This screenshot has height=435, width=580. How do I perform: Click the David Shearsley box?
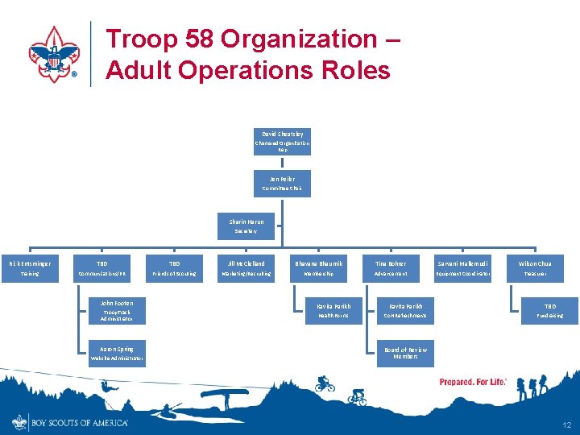click(282, 141)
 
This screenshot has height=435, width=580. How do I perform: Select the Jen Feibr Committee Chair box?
click(282, 184)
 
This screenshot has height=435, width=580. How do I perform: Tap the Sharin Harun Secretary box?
click(246, 226)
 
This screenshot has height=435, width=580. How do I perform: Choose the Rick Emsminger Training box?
click(31, 268)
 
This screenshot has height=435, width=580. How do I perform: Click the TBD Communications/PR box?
click(102, 268)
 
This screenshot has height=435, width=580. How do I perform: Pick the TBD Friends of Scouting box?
click(175, 268)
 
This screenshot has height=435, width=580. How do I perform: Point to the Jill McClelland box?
click(246, 268)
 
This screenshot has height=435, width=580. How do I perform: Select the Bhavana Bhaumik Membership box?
click(318, 268)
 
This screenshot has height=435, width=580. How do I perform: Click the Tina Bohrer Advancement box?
click(391, 268)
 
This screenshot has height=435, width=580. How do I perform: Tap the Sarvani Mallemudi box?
click(463, 268)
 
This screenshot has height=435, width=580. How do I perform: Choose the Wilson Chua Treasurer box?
click(535, 268)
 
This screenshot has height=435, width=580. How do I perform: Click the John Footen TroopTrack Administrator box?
click(117, 311)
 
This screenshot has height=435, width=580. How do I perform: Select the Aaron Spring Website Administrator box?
click(117, 354)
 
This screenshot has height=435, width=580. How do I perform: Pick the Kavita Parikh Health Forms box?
click(333, 311)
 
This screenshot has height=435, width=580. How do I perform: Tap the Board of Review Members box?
click(405, 354)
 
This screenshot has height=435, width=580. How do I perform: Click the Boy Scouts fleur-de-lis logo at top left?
click(54, 54)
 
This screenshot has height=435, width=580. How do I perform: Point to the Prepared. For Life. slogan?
click(473, 382)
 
